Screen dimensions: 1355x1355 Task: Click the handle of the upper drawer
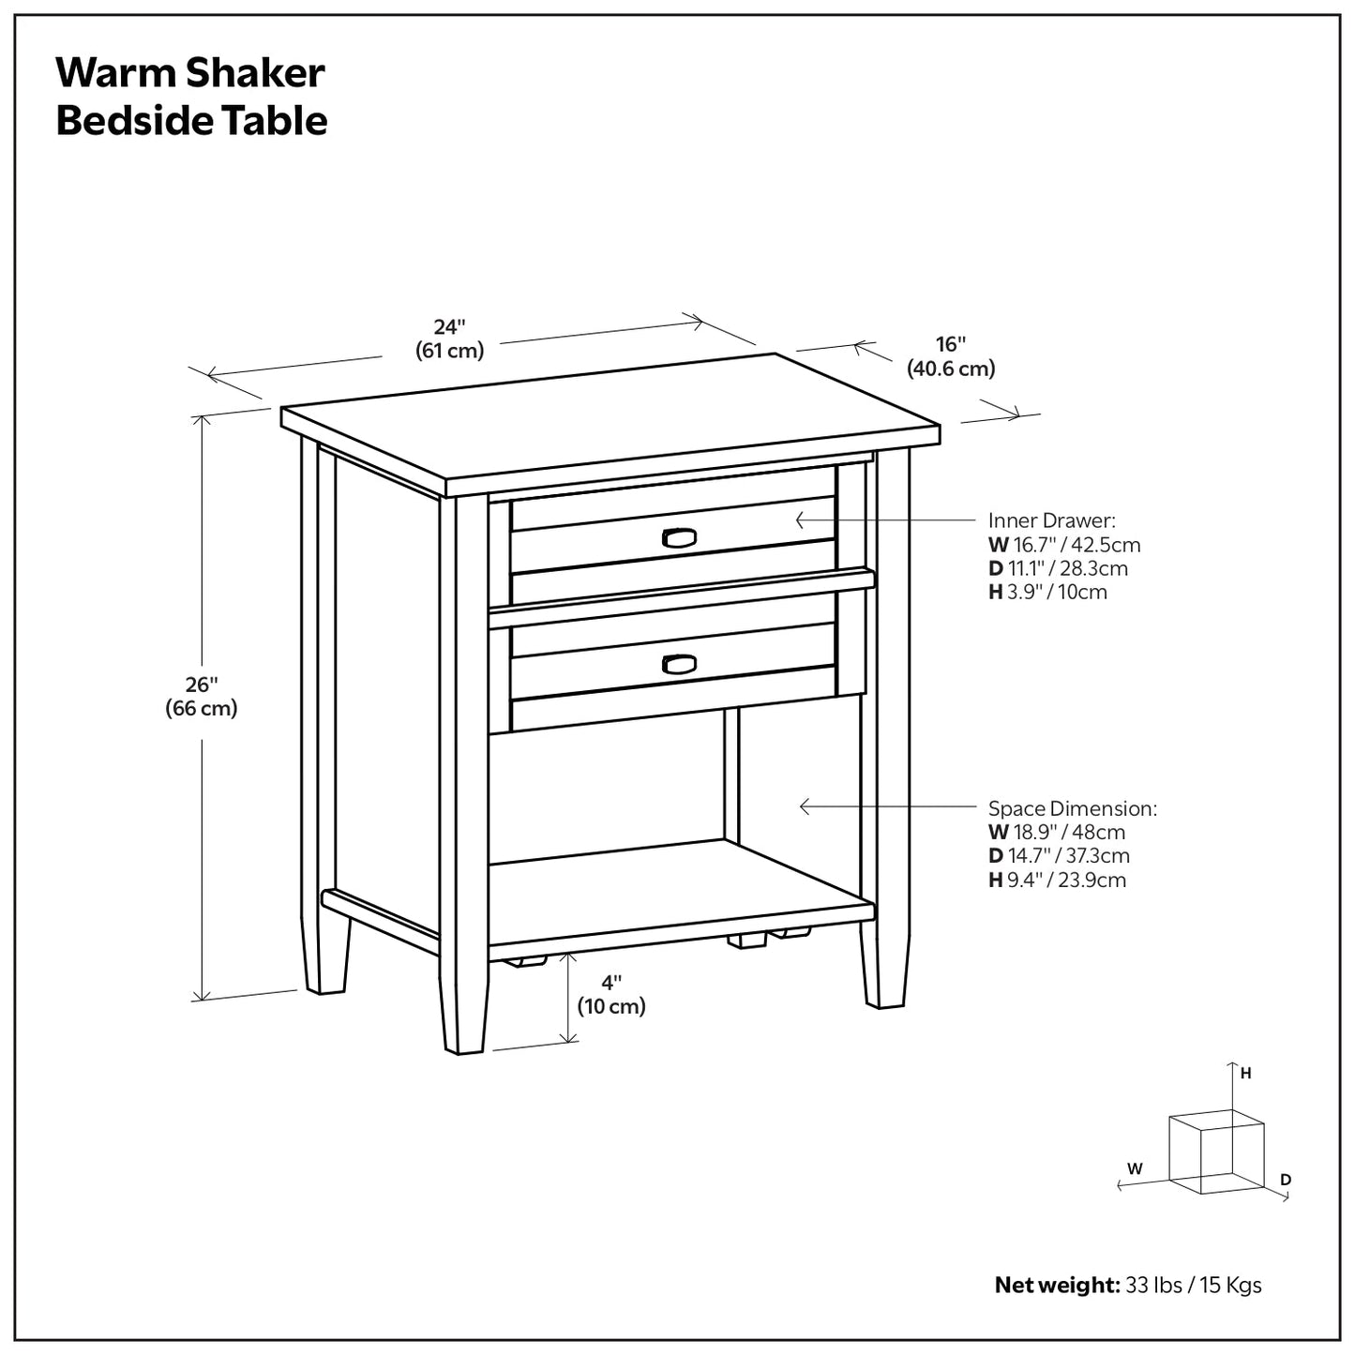[x=678, y=536]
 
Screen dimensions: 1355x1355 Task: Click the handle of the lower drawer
[x=679, y=664]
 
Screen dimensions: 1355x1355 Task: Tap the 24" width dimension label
[x=449, y=338]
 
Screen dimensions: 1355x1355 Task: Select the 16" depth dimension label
[x=950, y=356]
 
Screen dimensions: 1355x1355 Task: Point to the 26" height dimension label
[x=202, y=696]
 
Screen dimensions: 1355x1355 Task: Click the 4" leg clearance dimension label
[x=611, y=994]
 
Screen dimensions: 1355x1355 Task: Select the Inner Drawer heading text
[x=1051, y=520]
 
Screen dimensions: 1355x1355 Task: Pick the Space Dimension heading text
[x=1072, y=808]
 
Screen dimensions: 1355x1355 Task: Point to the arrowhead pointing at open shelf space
[x=804, y=805]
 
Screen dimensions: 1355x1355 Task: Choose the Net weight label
[x=1056, y=1285]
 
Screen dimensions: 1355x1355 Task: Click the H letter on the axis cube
[x=1246, y=1074]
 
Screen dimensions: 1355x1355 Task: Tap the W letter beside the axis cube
[x=1135, y=1168]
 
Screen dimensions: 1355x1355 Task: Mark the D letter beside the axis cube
[x=1286, y=1179]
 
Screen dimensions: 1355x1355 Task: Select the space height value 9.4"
[x=1029, y=880]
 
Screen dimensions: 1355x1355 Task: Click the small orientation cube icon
[x=1215, y=1151]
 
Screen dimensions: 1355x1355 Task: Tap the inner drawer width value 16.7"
[x=1033, y=545]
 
